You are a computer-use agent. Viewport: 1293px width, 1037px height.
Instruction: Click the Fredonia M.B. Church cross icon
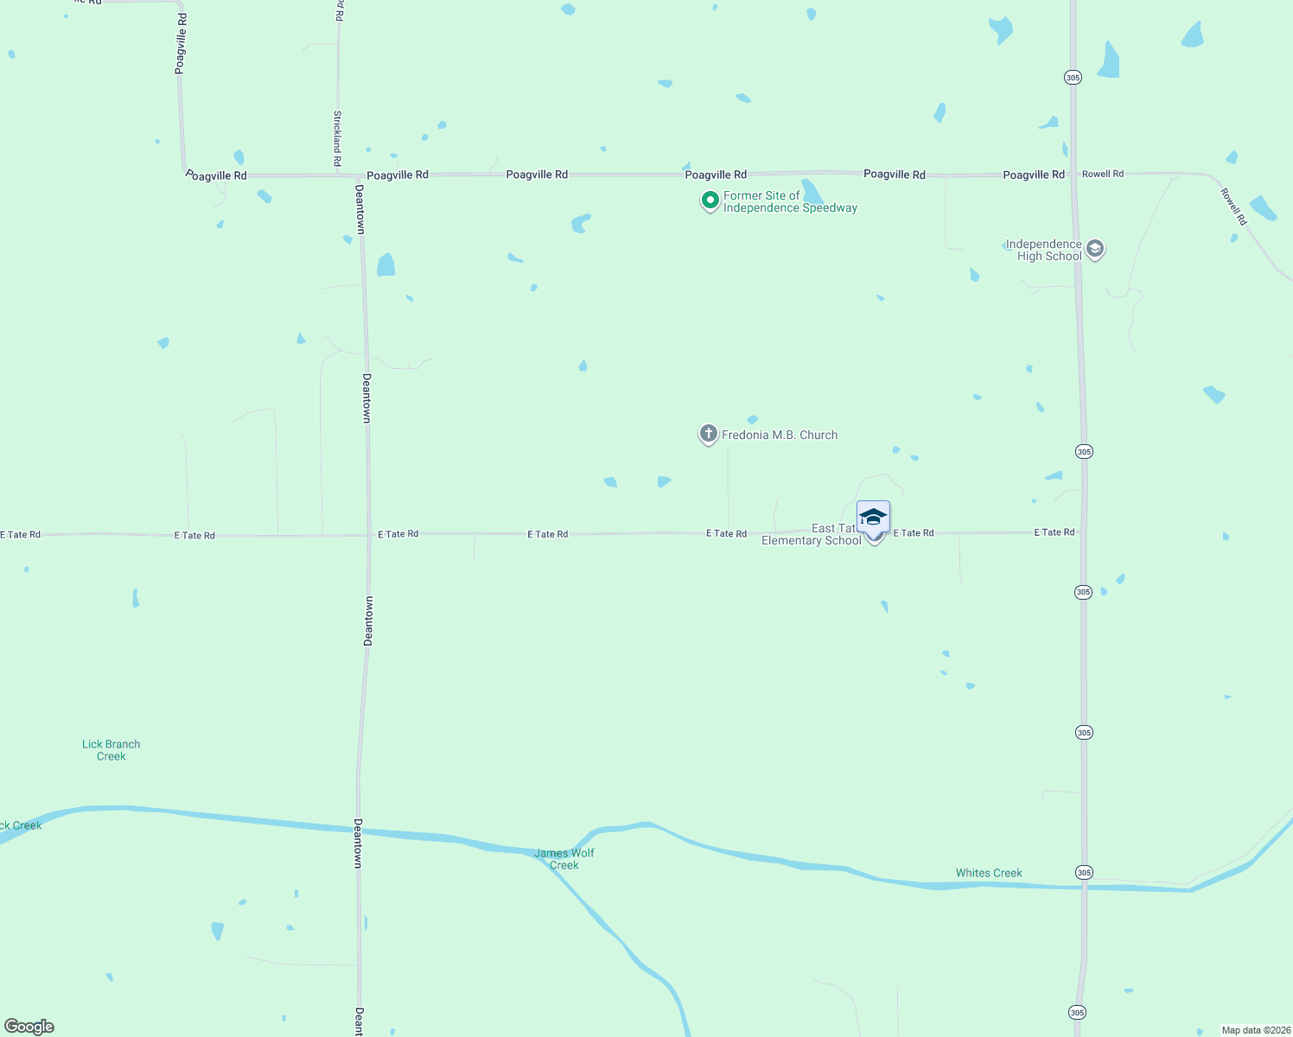(708, 434)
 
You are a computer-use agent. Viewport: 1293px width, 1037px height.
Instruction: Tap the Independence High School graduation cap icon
(1094, 250)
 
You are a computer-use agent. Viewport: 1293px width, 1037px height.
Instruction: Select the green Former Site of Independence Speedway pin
(710, 201)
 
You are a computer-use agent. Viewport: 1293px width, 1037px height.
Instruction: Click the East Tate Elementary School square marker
(873, 518)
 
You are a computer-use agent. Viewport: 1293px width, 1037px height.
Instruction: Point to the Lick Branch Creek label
(111, 750)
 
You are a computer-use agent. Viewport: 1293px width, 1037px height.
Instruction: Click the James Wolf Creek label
(564, 859)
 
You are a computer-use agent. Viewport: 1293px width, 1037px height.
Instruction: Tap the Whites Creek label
(989, 873)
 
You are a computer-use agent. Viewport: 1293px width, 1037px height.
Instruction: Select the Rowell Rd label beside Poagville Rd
(1103, 174)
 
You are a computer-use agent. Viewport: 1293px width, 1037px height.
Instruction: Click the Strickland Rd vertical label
(337, 138)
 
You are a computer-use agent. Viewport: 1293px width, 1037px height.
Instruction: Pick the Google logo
(29, 1027)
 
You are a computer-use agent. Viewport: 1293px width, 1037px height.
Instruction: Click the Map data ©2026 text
(1256, 1030)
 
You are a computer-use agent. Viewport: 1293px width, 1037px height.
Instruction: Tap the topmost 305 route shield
(1073, 78)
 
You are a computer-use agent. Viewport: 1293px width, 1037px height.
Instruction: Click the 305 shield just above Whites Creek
(1084, 873)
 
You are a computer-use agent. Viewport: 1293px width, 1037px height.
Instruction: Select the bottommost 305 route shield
(1076, 1012)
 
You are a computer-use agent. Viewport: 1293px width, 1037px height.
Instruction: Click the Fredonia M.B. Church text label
(780, 435)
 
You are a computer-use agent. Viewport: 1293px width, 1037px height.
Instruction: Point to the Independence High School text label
(1044, 250)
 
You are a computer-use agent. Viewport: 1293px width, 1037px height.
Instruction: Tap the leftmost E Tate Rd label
(21, 535)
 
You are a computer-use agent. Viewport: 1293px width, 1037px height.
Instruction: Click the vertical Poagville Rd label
(181, 43)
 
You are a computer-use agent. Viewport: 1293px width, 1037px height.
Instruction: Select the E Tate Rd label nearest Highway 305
(1054, 532)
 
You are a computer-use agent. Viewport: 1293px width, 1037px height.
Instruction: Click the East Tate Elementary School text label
(812, 535)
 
